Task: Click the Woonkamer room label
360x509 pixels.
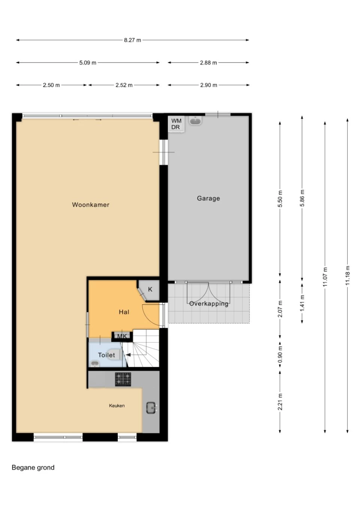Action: click(x=91, y=205)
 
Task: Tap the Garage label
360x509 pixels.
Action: click(x=208, y=198)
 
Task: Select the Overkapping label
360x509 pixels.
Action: click(x=208, y=304)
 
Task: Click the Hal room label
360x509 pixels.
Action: click(x=124, y=312)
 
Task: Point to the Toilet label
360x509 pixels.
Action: click(x=106, y=355)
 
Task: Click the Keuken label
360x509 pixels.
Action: click(x=117, y=406)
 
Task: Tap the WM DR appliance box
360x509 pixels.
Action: click(x=176, y=124)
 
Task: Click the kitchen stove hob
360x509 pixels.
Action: click(x=123, y=379)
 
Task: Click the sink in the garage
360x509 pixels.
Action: click(x=196, y=121)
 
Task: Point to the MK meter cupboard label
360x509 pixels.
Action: click(x=122, y=336)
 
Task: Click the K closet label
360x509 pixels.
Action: click(x=150, y=289)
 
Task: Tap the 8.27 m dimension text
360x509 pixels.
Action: click(x=132, y=40)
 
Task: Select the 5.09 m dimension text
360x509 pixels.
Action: click(x=88, y=63)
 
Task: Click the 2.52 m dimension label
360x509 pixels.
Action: click(x=124, y=85)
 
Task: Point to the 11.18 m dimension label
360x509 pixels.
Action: click(x=347, y=275)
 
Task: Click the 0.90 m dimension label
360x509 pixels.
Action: click(x=280, y=355)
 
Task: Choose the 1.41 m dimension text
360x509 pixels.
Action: click(x=302, y=304)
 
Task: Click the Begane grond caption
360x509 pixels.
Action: click(x=33, y=468)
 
